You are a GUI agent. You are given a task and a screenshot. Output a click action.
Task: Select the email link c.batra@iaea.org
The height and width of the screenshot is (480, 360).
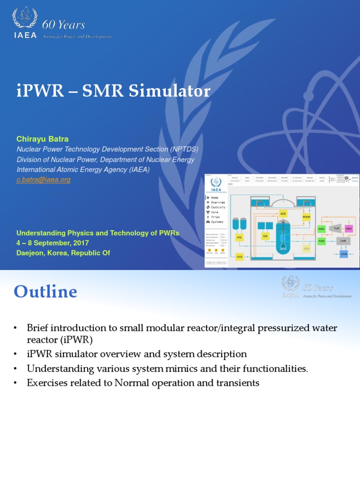[43, 180]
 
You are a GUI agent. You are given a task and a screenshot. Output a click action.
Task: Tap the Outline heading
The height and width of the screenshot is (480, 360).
[45, 292]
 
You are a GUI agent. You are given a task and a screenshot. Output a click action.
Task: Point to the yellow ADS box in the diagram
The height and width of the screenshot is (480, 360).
[283, 214]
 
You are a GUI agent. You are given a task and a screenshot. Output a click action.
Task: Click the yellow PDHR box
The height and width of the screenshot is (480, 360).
[307, 217]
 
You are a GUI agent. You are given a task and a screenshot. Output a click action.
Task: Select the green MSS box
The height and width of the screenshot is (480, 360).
[321, 229]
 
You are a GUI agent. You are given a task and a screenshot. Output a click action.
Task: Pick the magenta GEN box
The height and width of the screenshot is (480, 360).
[348, 228]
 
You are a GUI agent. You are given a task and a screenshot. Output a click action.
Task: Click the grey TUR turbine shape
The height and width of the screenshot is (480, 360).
[335, 228]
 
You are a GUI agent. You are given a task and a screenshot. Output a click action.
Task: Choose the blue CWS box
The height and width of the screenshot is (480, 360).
[344, 254]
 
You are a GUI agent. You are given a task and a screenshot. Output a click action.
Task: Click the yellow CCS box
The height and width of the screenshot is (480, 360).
[240, 256]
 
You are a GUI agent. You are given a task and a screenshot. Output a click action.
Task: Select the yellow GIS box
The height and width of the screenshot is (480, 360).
[265, 236]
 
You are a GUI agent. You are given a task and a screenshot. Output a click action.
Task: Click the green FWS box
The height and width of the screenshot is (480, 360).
[321, 241]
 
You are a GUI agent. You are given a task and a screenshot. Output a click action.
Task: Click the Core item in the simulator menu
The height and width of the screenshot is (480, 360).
[214, 212]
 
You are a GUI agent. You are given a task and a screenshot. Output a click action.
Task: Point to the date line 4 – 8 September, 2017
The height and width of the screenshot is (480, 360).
[52, 243]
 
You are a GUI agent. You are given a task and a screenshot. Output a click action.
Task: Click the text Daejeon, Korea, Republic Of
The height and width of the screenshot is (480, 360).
[63, 253]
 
